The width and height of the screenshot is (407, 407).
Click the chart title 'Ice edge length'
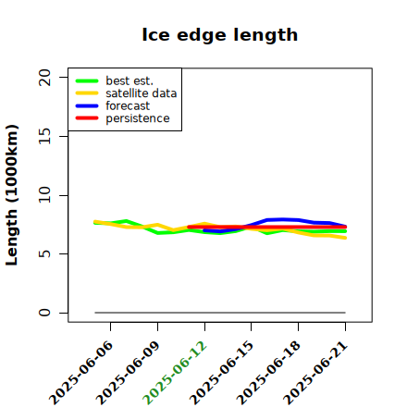click(220, 35)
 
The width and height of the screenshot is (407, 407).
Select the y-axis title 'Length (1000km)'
click(12, 195)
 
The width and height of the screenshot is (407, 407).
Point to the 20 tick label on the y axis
click(44, 77)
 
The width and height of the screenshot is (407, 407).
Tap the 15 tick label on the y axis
click(44, 136)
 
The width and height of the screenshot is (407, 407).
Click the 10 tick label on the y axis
click(44, 195)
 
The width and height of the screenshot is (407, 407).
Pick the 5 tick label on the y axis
click(44, 253)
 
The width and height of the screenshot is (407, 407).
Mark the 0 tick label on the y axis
click(44, 313)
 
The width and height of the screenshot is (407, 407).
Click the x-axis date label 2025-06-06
click(80, 373)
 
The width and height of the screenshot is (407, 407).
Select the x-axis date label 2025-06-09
click(128, 373)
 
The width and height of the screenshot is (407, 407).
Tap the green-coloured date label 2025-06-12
click(175, 373)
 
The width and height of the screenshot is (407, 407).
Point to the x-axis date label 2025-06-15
click(221, 373)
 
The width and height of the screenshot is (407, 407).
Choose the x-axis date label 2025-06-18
click(268, 373)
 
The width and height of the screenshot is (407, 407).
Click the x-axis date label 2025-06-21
click(315, 373)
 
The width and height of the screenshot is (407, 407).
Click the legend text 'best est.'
click(129, 80)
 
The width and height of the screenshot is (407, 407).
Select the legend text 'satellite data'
click(142, 93)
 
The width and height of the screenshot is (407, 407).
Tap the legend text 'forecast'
click(128, 105)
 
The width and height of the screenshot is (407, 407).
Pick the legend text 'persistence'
click(138, 118)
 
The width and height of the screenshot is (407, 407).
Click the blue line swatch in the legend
click(87, 105)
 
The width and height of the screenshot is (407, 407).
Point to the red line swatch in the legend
click(87, 118)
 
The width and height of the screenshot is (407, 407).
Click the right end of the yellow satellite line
click(345, 238)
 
